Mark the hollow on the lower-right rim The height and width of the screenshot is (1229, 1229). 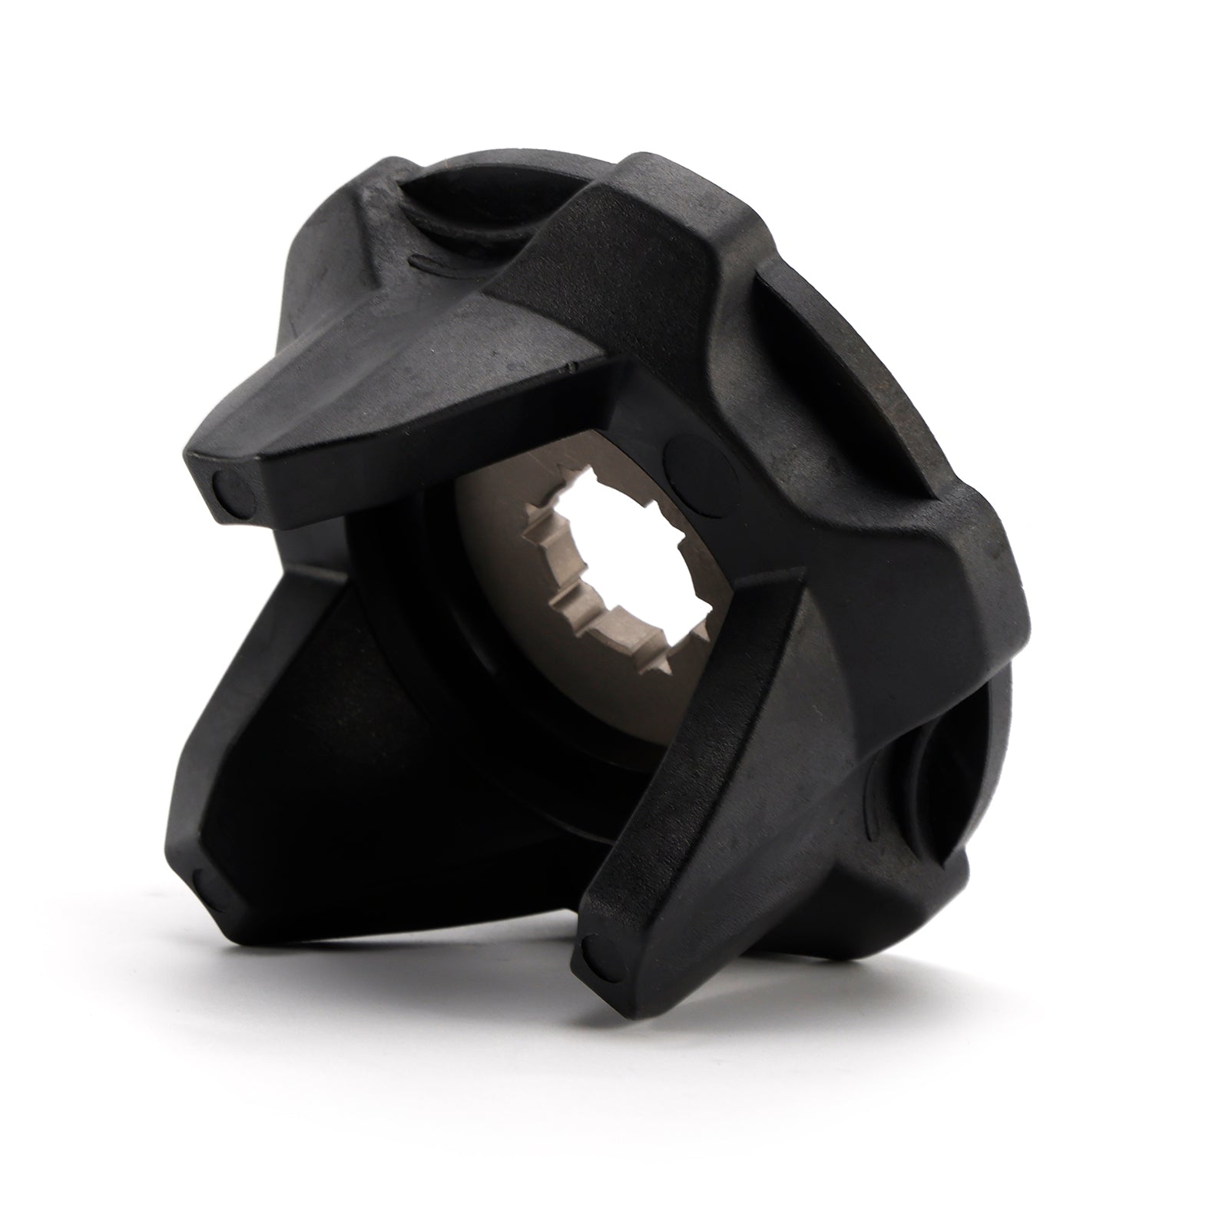937,776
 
